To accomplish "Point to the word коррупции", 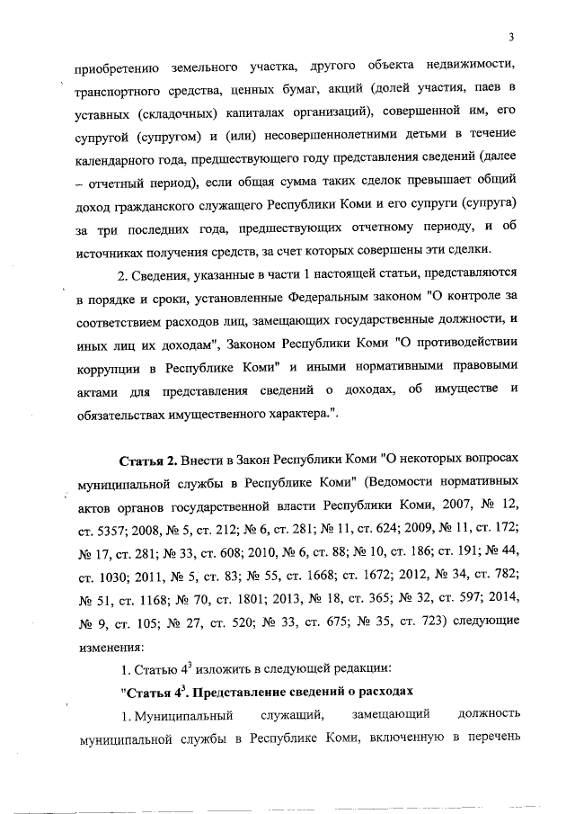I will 106,366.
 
